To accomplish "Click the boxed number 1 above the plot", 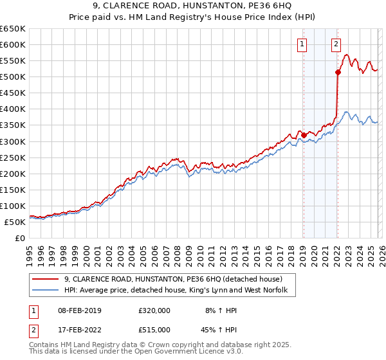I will [x=302, y=44].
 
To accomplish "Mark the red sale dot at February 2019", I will [x=304, y=135].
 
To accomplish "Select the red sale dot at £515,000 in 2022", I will [x=338, y=72].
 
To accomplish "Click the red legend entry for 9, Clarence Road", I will [x=172, y=280].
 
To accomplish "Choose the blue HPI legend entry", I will [x=179, y=291].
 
